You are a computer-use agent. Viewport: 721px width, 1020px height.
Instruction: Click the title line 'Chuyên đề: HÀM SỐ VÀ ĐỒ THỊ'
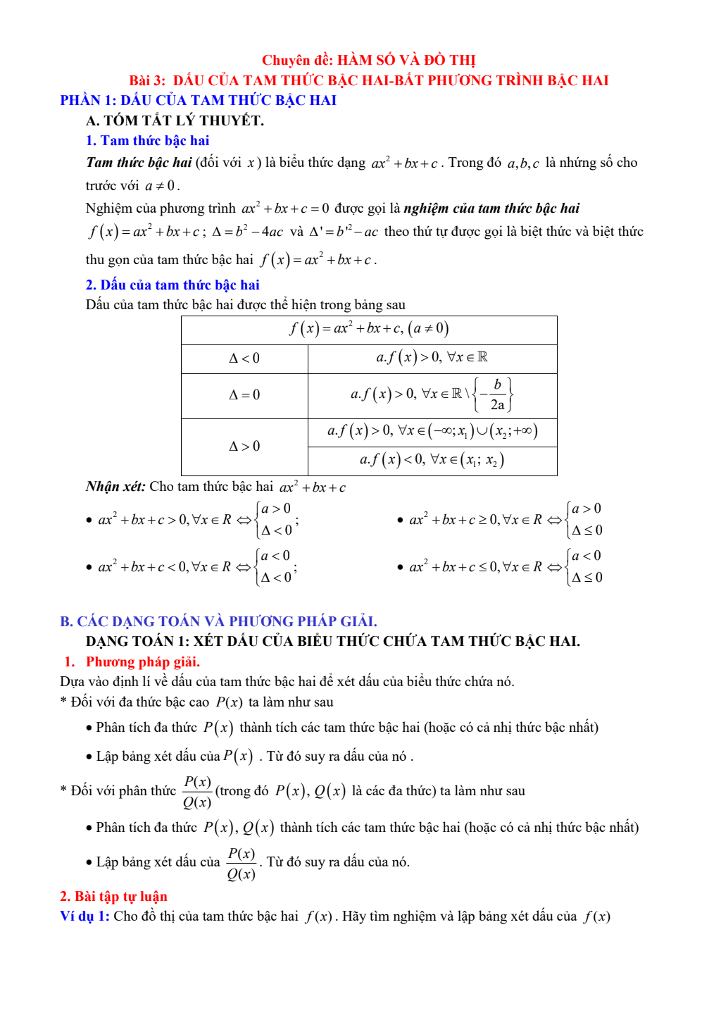(368, 60)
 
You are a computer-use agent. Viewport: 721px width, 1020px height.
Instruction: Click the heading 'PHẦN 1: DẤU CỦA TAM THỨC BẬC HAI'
(198, 100)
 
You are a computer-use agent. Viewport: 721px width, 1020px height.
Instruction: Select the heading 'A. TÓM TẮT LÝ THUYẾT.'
(175, 120)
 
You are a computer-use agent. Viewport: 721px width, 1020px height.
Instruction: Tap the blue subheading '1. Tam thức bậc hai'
(147, 141)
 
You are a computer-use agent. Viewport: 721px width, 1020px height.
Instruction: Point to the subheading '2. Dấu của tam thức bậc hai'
(173, 285)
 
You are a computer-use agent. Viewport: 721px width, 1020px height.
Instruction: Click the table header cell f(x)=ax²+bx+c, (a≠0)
(369, 329)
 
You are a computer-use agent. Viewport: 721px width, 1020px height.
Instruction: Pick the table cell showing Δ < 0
(244, 359)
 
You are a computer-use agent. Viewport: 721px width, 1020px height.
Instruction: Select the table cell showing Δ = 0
(244, 395)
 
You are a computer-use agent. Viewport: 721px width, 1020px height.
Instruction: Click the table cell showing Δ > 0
(244, 446)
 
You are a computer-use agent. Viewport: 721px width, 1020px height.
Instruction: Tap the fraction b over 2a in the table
(497, 394)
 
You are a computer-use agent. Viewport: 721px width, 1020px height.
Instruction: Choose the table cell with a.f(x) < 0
(432, 461)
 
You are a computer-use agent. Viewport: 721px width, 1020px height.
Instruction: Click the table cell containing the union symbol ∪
(432, 431)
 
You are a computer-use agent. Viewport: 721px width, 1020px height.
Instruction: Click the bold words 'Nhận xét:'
(115, 487)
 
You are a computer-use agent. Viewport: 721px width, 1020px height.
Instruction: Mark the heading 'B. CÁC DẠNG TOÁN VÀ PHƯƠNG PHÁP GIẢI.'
(218, 621)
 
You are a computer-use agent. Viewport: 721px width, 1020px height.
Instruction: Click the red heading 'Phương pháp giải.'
(142, 661)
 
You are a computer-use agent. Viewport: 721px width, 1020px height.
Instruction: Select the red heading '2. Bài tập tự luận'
(113, 896)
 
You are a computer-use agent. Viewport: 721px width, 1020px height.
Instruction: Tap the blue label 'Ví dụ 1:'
(84, 916)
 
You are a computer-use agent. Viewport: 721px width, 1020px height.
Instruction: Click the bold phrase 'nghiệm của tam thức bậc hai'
(491, 208)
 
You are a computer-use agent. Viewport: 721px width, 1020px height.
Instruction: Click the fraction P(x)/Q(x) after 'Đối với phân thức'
(197, 792)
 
